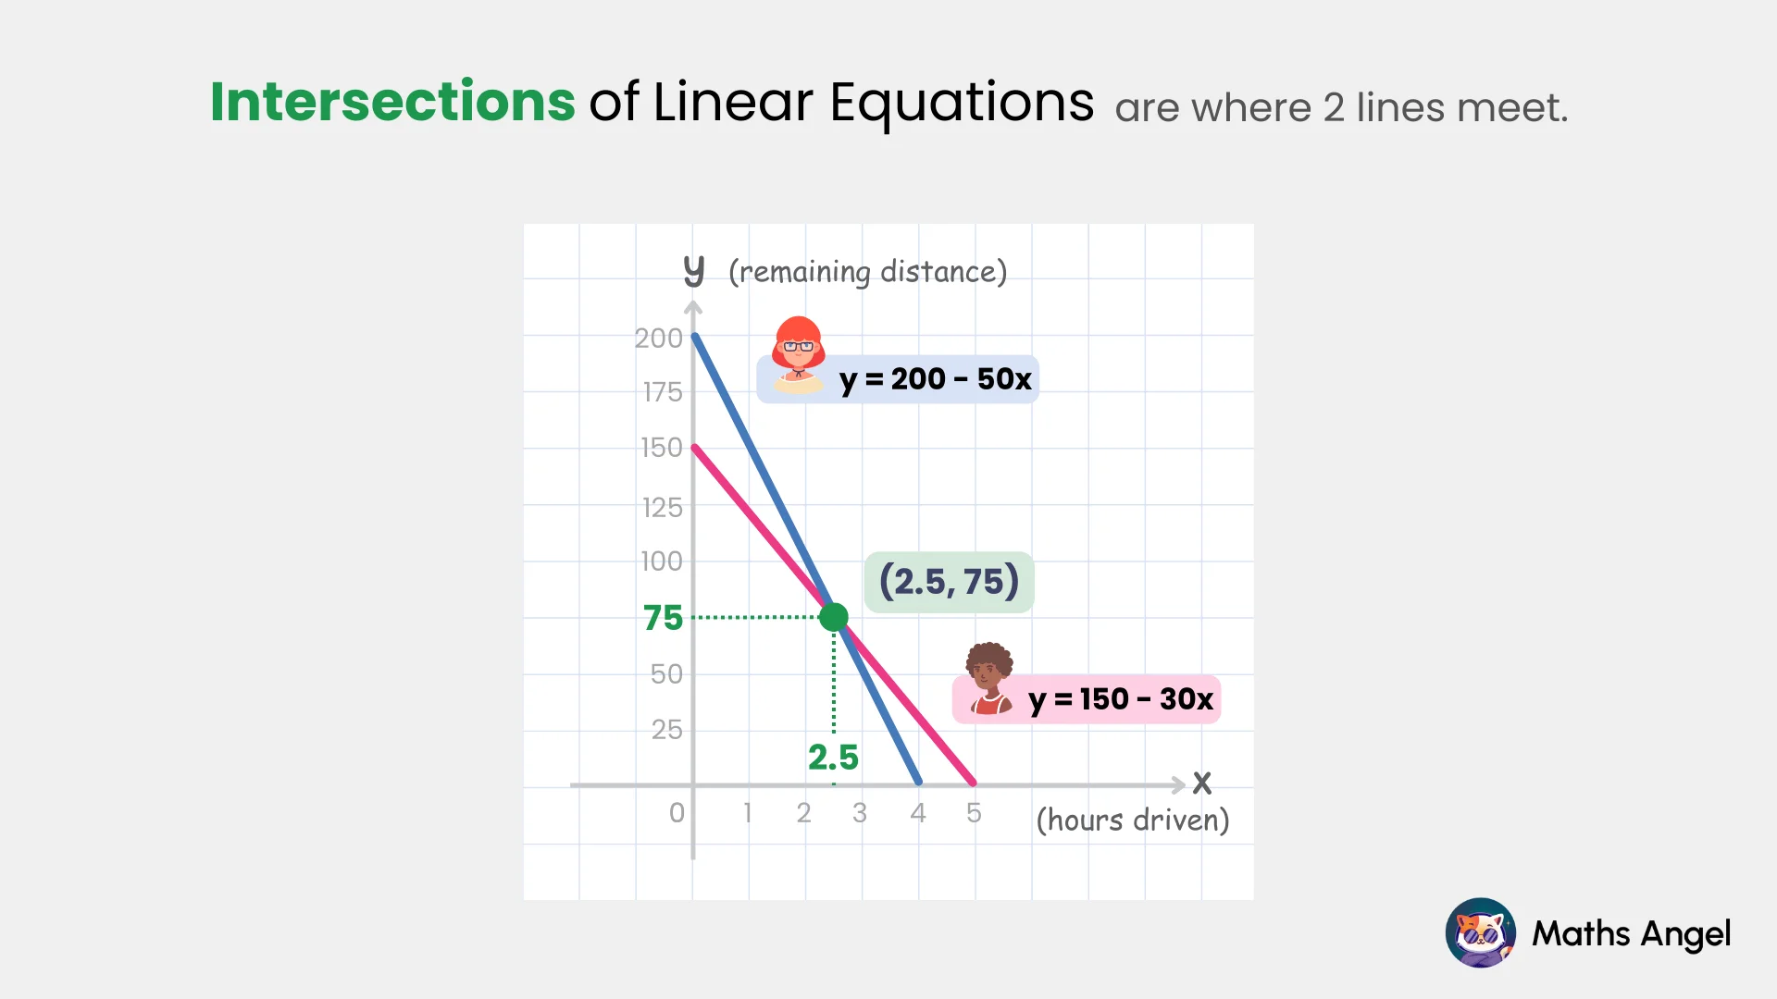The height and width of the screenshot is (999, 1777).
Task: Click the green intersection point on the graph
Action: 834,617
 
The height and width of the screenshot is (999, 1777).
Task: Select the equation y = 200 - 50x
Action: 935,379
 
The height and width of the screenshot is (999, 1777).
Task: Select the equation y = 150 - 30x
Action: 1120,699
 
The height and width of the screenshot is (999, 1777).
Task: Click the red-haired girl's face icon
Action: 798,352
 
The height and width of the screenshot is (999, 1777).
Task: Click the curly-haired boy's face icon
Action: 989,678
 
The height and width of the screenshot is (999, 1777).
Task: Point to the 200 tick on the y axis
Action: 658,339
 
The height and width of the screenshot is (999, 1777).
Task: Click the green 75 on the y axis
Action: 663,618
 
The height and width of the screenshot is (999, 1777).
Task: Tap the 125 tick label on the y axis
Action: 662,508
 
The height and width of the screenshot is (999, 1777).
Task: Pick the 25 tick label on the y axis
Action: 666,730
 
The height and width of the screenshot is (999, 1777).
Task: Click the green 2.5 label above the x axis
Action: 833,758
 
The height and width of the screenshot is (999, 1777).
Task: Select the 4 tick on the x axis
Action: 917,813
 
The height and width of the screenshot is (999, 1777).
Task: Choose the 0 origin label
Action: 677,813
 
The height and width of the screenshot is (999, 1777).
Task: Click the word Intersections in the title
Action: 392,102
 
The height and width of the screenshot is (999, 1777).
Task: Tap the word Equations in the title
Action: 962,104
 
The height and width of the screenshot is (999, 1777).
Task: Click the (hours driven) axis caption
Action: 1132,820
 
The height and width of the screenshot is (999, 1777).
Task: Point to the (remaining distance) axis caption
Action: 867,272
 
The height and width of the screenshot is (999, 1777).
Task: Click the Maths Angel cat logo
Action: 1480,932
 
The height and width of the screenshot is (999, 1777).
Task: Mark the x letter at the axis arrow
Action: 1201,783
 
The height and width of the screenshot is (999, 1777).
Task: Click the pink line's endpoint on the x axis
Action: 973,783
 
